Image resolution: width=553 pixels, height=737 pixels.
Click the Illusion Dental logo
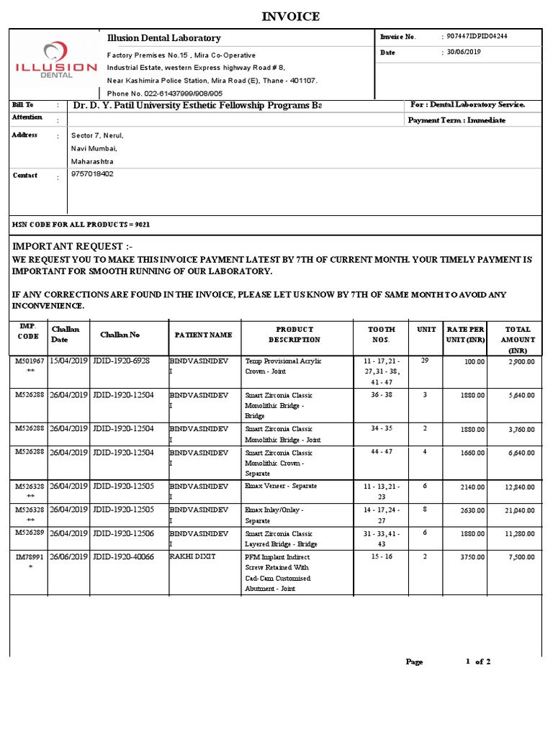pyautogui.click(x=56, y=63)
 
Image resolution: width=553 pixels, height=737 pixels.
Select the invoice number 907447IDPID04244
pyautogui.click(x=477, y=36)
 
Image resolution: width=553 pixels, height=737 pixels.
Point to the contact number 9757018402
pyautogui.click(x=92, y=174)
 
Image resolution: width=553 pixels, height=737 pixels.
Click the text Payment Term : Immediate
pyautogui.click(x=457, y=120)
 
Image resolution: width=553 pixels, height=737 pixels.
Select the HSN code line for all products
pyautogui.click(x=81, y=225)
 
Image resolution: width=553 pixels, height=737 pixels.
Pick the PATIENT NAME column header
pyautogui.click(x=202, y=335)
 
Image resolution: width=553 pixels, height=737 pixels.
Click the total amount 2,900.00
pyautogui.click(x=521, y=362)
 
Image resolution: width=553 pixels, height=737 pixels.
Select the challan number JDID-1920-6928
pyautogui.click(x=121, y=361)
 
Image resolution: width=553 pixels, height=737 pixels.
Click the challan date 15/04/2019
pyautogui.click(x=68, y=361)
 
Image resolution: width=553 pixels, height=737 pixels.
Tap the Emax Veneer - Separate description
pyautogui.click(x=281, y=486)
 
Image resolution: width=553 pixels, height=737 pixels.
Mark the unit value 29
pyautogui.click(x=424, y=360)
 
